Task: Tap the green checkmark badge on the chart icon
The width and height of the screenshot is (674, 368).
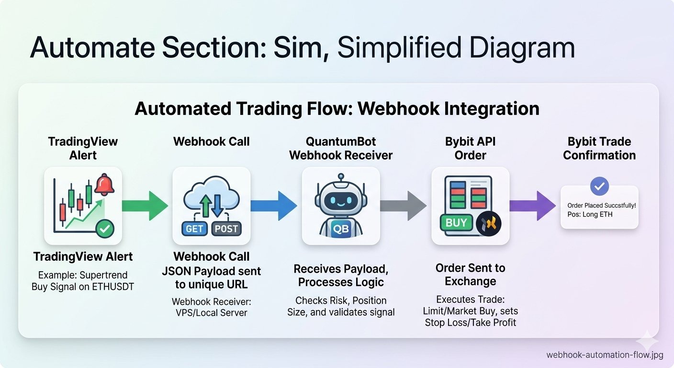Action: pyautogui.click(x=105, y=230)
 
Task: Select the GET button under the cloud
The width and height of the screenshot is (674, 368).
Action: pyautogui.click(x=194, y=229)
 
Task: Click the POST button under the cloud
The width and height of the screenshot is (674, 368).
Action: pyautogui.click(x=226, y=229)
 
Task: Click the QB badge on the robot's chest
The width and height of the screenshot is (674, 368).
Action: pyautogui.click(x=340, y=229)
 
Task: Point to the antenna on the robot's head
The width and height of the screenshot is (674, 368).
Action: pyautogui.click(x=341, y=178)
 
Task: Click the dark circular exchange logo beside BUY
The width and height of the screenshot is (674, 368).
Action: pyautogui.click(x=489, y=223)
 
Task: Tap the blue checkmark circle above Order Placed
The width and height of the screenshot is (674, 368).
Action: pyautogui.click(x=599, y=186)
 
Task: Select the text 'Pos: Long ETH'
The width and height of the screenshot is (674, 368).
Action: pyautogui.click(x=590, y=214)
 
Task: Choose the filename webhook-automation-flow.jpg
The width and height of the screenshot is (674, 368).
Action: pyautogui.click(x=605, y=355)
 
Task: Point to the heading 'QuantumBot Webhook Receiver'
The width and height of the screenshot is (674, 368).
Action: pyautogui.click(x=341, y=148)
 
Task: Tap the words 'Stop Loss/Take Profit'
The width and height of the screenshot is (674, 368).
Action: pyautogui.click(x=471, y=322)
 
